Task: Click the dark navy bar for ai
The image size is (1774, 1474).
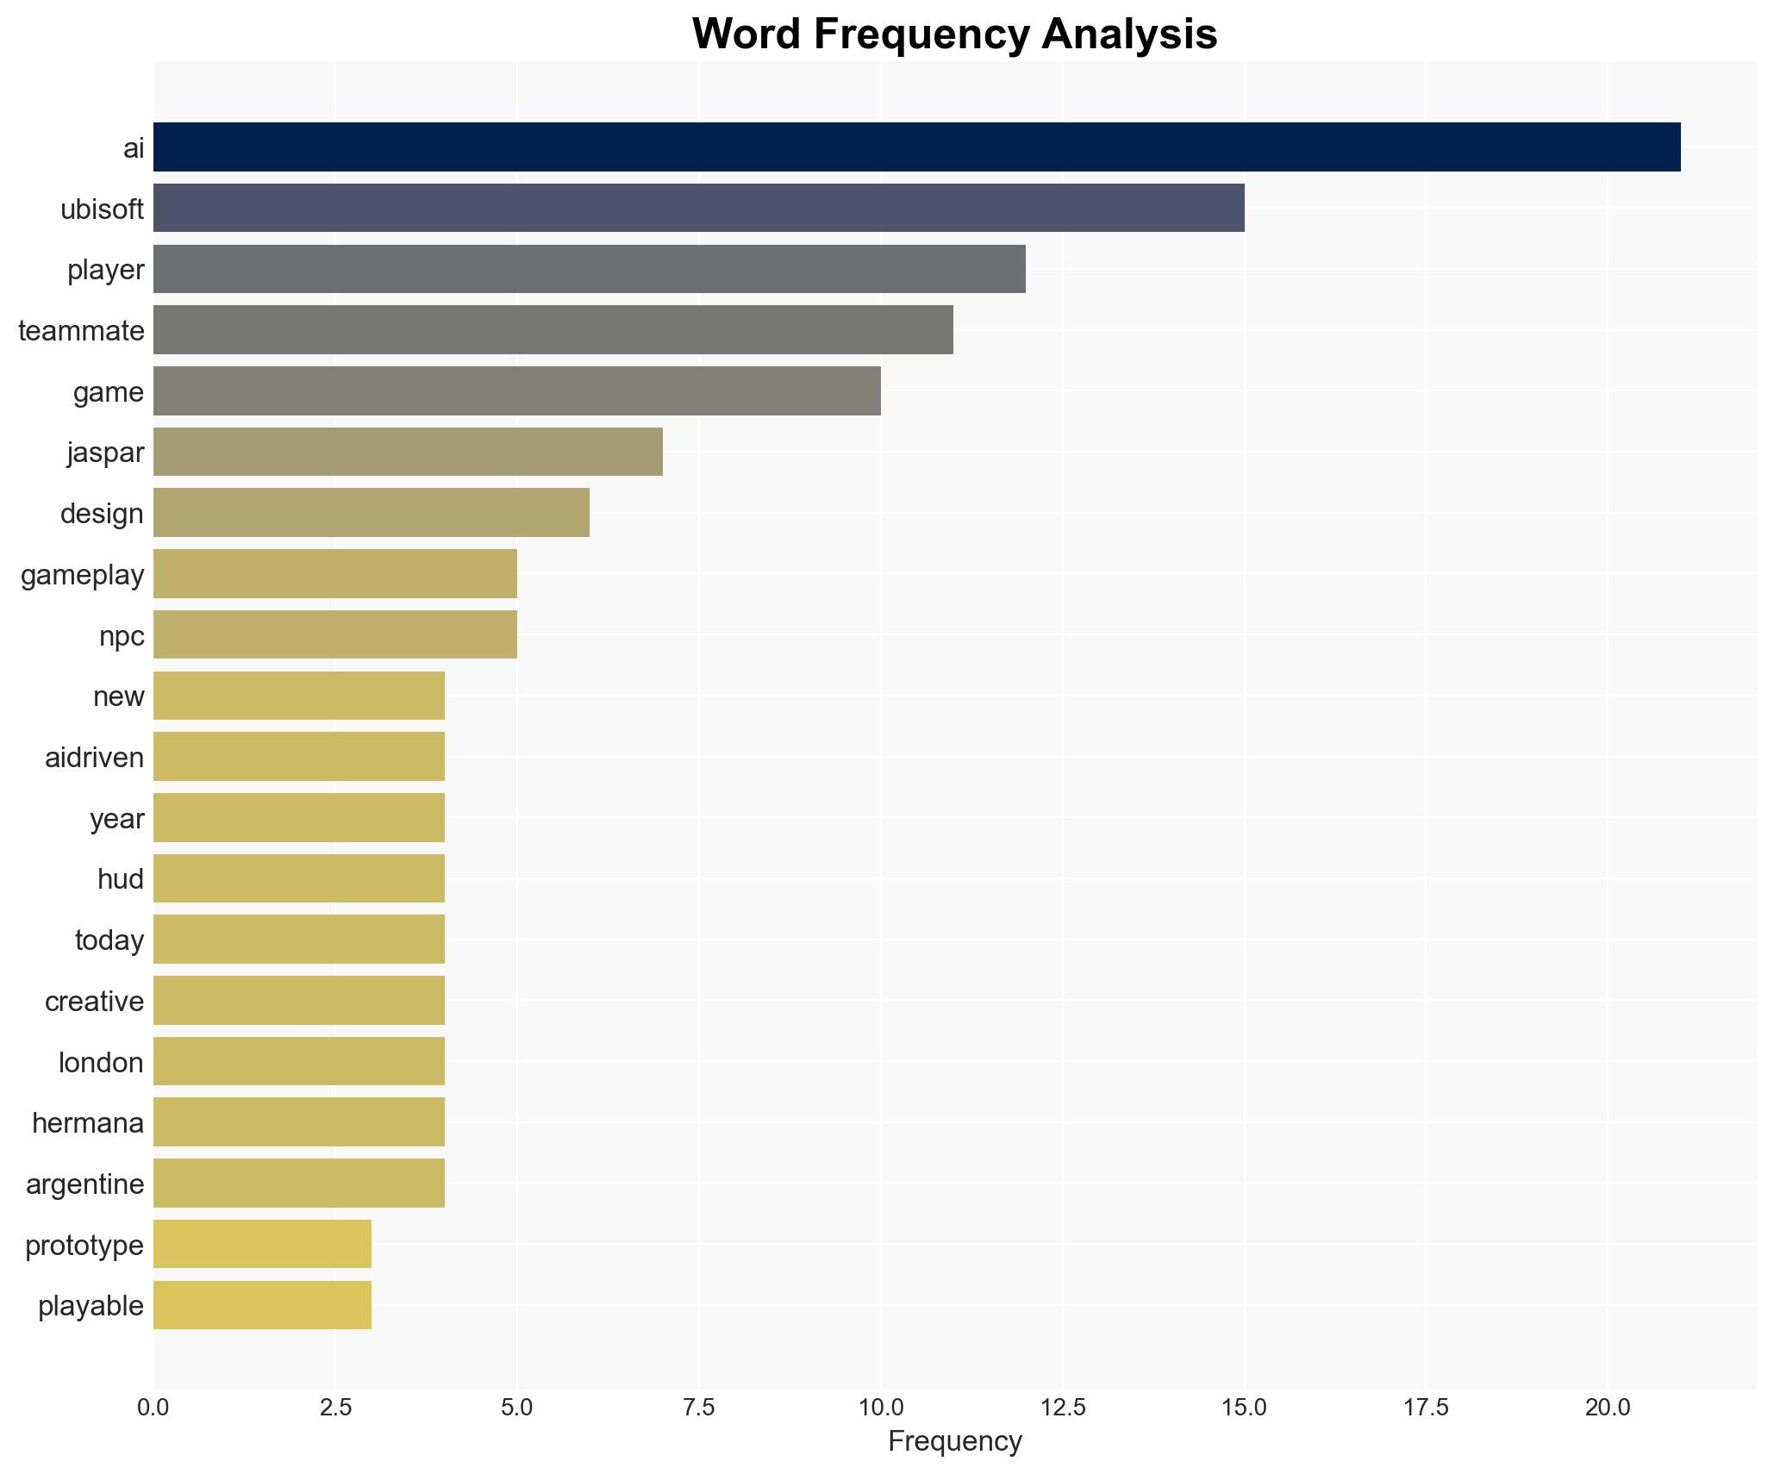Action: click(916, 147)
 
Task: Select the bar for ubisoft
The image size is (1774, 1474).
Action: click(698, 208)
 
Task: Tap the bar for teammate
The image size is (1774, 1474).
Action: click(553, 330)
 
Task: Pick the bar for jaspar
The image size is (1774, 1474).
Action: click(408, 452)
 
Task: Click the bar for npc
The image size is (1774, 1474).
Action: click(334, 634)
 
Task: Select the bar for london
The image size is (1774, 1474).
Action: click(298, 1061)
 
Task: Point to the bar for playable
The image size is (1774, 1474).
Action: click(262, 1305)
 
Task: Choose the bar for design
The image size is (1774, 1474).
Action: click(371, 513)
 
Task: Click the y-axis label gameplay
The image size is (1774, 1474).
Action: click(83, 574)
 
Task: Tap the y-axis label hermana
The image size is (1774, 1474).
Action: click(88, 1122)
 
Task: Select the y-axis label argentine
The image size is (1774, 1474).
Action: click(85, 1184)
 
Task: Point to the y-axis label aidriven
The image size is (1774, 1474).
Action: click(95, 757)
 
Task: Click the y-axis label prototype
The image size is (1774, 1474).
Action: click(84, 1245)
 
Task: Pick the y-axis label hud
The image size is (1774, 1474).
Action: click(121, 878)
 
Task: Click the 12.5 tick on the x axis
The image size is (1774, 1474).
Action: click(1063, 1407)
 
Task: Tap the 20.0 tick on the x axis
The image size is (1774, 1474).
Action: click(1608, 1407)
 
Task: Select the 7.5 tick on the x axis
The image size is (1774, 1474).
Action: click(699, 1407)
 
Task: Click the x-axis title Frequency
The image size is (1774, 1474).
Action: click(954, 1441)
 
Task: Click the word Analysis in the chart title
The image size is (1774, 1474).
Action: click(1129, 34)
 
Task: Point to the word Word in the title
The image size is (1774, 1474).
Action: click(746, 34)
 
